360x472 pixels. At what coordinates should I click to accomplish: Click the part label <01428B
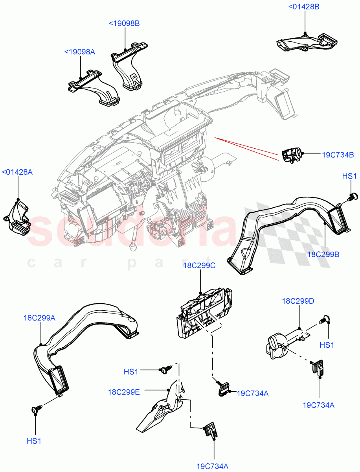pos(304,7)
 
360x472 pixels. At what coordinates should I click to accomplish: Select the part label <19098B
pos(124,23)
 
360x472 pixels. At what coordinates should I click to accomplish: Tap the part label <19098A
pos(80,52)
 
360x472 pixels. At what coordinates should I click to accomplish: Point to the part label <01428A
pos(17,172)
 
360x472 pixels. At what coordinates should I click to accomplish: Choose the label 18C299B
pos(323,254)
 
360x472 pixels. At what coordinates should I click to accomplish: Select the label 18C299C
pos(199,266)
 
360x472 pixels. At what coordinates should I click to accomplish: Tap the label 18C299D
pos(298,301)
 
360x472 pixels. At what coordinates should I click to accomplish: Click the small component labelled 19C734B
pos(291,154)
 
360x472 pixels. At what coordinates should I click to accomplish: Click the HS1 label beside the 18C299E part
pos(131,371)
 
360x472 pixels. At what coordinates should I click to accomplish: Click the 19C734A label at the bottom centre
pos(212,466)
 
